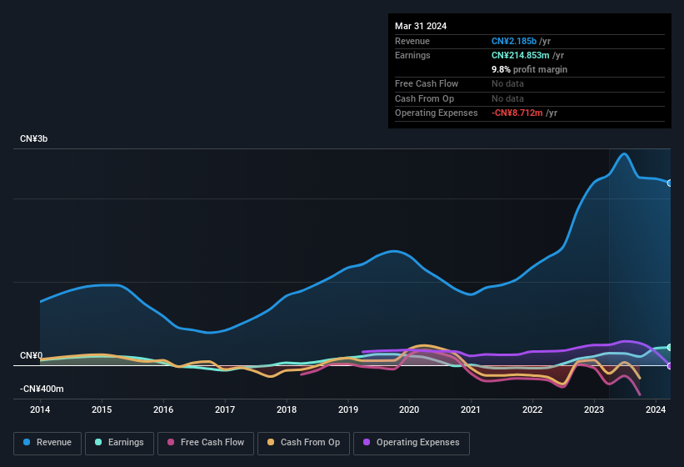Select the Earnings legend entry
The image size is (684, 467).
click(x=119, y=442)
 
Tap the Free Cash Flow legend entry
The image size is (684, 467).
click(x=206, y=442)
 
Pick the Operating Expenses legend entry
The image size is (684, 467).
click(x=411, y=442)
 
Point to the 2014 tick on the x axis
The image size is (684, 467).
click(x=40, y=409)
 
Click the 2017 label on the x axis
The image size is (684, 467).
click(x=225, y=409)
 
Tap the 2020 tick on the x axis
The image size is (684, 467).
click(x=409, y=409)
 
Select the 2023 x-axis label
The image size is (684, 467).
click(x=594, y=409)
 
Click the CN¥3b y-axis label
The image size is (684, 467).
click(x=34, y=138)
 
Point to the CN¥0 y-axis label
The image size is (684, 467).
click(x=31, y=355)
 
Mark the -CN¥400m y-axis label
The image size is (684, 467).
click(x=42, y=389)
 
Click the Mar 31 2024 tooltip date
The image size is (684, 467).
click(x=421, y=26)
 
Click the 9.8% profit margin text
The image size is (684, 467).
click(x=529, y=69)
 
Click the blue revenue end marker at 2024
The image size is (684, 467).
click(x=669, y=183)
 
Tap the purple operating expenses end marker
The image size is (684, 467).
click(x=669, y=365)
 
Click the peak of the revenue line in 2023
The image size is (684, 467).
click(x=623, y=153)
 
